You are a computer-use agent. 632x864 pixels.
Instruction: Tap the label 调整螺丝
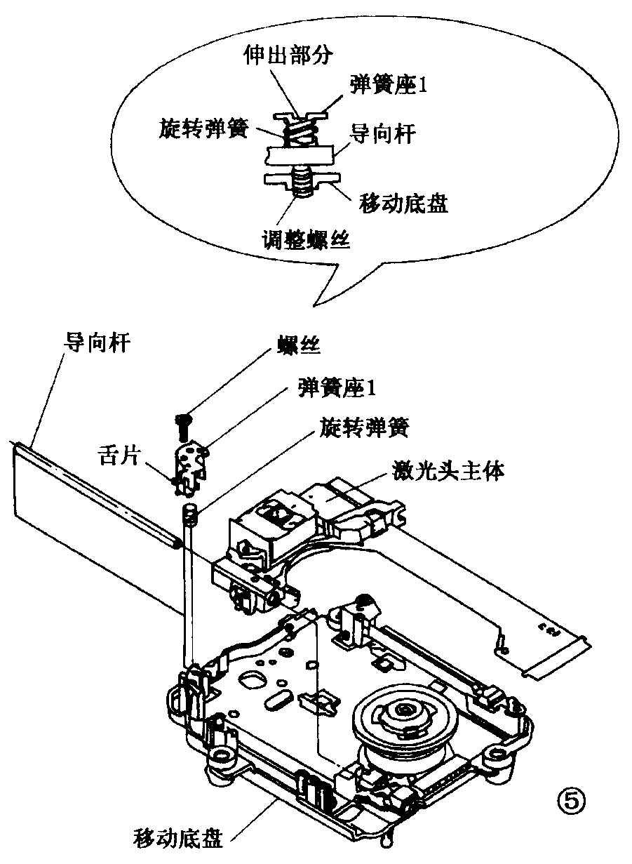click(307, 240)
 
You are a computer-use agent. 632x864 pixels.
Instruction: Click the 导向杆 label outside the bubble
click(95, 343)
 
